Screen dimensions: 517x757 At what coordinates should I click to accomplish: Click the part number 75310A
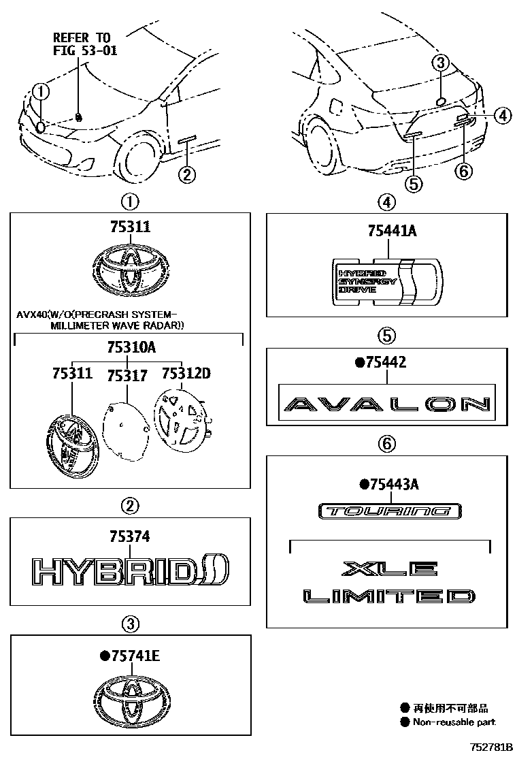tap(131, 348)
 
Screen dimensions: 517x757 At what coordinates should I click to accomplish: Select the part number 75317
tap(128, 376)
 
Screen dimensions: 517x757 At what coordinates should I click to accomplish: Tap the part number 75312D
tap(186, 374)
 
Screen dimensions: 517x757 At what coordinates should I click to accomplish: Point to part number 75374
tap(129, 537)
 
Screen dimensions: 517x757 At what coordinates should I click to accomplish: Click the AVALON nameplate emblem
tap(386, 404)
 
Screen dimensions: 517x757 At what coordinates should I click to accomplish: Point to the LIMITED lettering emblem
tap(389, 597)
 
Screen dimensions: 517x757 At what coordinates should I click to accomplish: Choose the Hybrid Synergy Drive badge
tap(386, 280)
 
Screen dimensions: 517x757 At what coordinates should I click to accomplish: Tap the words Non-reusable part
tap(455, 722)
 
